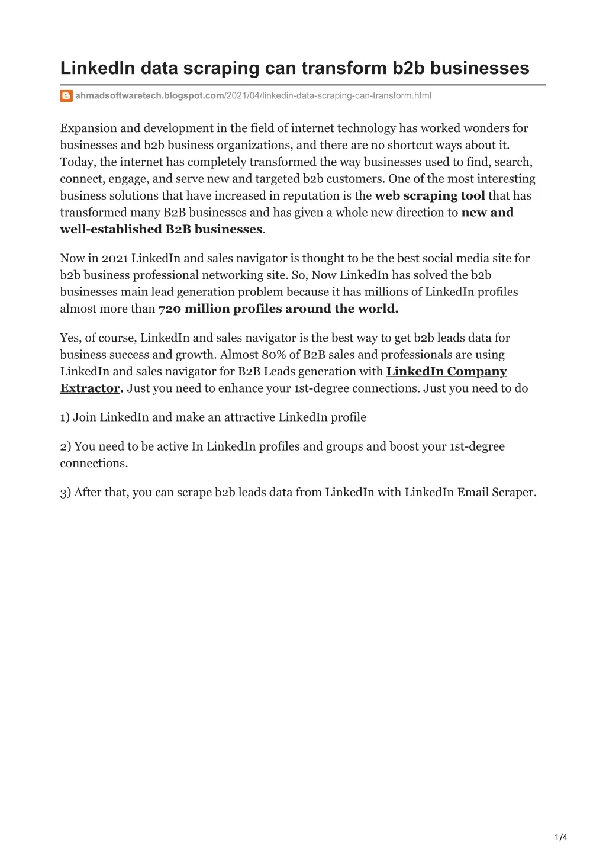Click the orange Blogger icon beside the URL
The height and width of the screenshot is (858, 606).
(x=66, y=96)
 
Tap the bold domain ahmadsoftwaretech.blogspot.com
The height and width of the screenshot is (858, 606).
(x=149, y=96)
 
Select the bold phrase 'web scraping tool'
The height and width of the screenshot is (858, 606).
(x=430, y=195)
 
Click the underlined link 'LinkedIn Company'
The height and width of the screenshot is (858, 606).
(x=446, y=371)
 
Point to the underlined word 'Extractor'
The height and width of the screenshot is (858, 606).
(x=90, y=388)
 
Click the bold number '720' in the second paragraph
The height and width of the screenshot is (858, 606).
(x=170, y=309)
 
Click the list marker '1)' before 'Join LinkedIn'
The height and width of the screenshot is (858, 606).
(x=65, y=417)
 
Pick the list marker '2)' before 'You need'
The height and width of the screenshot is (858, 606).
(x=65, y=446)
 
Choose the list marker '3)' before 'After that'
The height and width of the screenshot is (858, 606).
(x=65, y=492)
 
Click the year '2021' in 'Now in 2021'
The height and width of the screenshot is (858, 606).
(x=115, y=258)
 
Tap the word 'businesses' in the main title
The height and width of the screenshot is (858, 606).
(x=479, y=69)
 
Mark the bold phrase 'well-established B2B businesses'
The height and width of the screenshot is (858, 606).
(x=161, y=229)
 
